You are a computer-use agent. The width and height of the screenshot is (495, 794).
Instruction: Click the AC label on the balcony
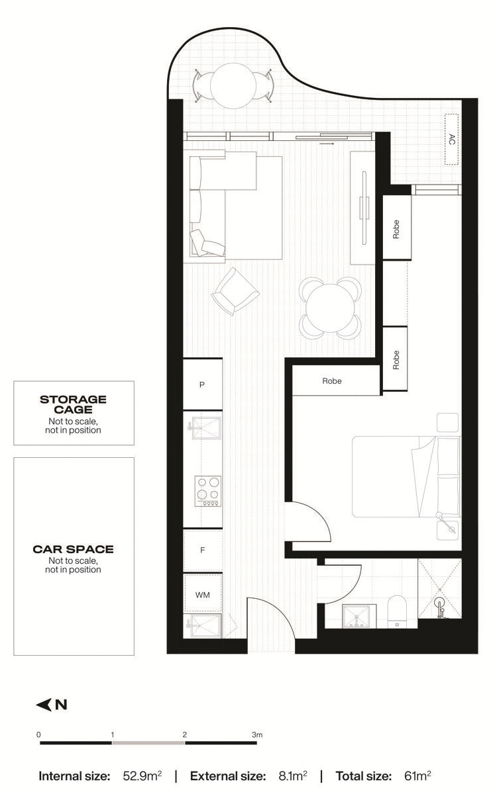coord(452,139)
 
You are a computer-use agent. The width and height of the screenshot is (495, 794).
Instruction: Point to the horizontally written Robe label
coord(332,382)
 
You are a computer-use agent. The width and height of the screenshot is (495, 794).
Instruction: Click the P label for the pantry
coord(202,384)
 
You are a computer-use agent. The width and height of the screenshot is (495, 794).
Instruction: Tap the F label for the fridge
coord(202,551)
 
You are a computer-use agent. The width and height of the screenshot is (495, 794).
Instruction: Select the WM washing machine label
coord(202,595)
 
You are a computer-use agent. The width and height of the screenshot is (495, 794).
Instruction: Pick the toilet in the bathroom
coord(398,609)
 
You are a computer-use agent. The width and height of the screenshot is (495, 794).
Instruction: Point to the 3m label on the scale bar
coord(257,734)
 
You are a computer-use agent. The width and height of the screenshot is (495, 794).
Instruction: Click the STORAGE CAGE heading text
coord(73,404)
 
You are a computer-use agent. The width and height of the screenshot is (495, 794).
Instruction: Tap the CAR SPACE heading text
coord(73,549)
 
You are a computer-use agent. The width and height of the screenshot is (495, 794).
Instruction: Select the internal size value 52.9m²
coord(142,775)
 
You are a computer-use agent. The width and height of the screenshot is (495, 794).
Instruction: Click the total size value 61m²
coord(417,775)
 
